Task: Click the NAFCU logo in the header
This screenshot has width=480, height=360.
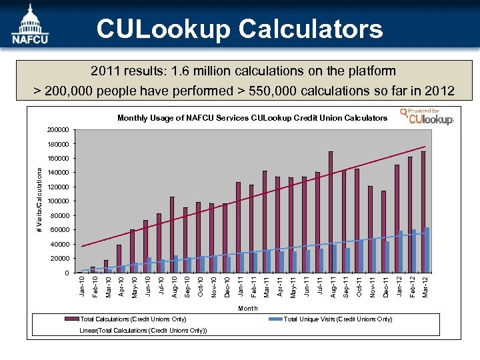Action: click(x=28, y=25)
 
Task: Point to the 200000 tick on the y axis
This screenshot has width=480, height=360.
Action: click(x=58, y=129)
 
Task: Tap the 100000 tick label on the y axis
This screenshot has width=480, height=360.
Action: click(x=58, y=201)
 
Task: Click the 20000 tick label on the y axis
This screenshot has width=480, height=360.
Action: click(x=60, y=259)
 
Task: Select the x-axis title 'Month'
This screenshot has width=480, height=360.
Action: click(x=248, y=309)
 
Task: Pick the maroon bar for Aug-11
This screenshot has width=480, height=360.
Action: click(x=331, y=212)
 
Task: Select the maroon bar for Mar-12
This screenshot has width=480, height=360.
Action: click(x=423, y=212)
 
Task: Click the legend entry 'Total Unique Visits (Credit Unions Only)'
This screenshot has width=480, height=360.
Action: click(x=337, y=320)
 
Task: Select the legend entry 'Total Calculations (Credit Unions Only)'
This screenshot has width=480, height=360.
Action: click(x=133, y=320)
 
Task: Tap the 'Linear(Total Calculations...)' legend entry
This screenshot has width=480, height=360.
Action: click(x=143, y=331)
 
